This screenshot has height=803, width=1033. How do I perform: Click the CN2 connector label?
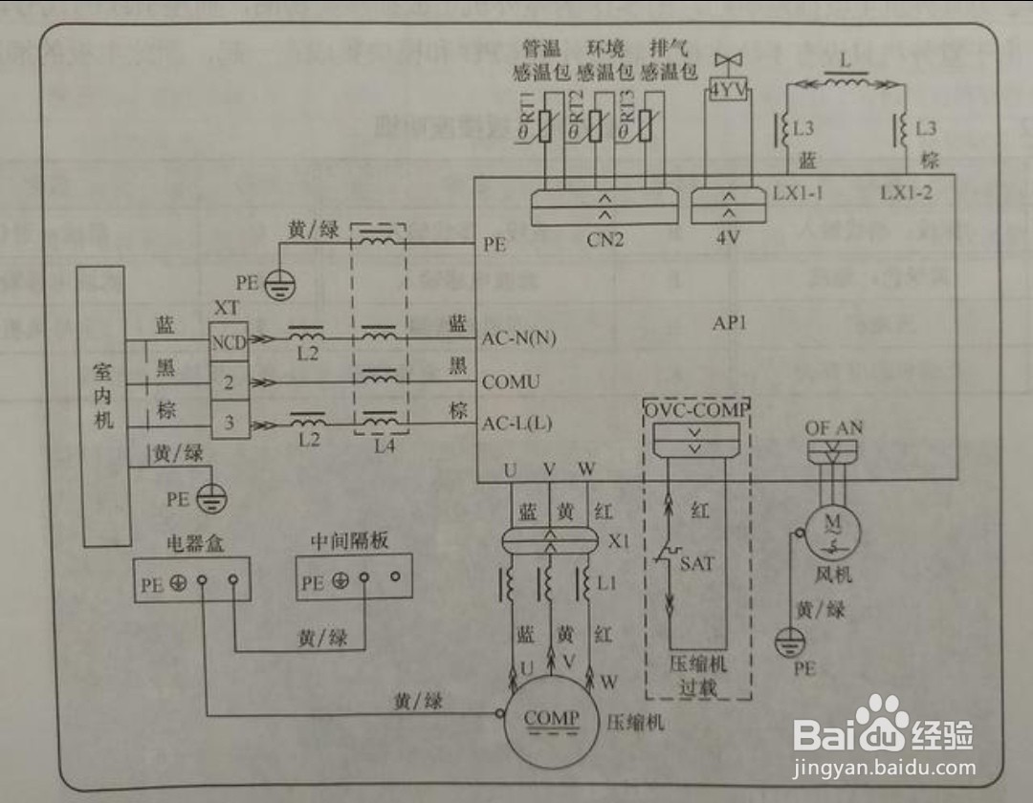(604, 240)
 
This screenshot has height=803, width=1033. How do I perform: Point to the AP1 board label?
(729, 322)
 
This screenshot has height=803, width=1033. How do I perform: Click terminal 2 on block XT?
(229, 382)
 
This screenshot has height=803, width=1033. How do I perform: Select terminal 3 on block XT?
(229, 422)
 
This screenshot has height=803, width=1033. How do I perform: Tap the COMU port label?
(511, 382)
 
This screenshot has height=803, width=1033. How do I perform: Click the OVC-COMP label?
(696, 409)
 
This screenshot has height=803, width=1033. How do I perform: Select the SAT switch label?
(696, 563)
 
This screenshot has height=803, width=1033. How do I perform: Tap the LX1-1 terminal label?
(799, 192)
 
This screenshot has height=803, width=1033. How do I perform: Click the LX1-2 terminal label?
(907, 192)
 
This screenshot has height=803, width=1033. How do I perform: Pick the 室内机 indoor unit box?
(102, 406)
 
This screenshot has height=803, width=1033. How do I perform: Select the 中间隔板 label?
(349, 542)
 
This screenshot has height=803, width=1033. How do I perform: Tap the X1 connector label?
(618, 541)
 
